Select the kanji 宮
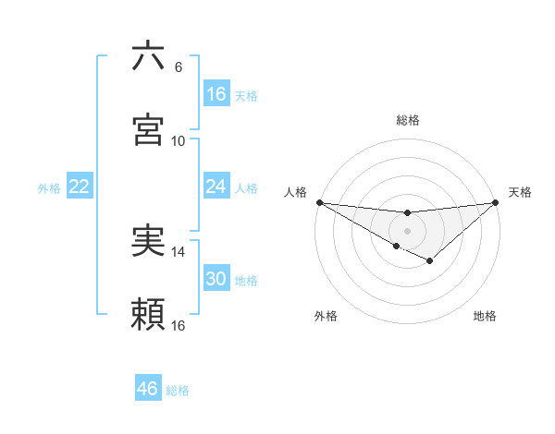coord(148,129)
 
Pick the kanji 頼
coord(148,314)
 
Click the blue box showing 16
coord(216,94)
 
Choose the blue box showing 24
coord(216,187)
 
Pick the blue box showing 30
coord(216,279)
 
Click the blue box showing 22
coord(80,187)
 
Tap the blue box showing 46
coord(148,389)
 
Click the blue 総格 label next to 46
coord(178,391)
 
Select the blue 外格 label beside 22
coord(49,188)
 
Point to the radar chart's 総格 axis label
coord(408,120)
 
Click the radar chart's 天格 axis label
coord(521,192)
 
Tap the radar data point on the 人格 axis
coord(319,201)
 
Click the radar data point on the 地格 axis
coord(429,261)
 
